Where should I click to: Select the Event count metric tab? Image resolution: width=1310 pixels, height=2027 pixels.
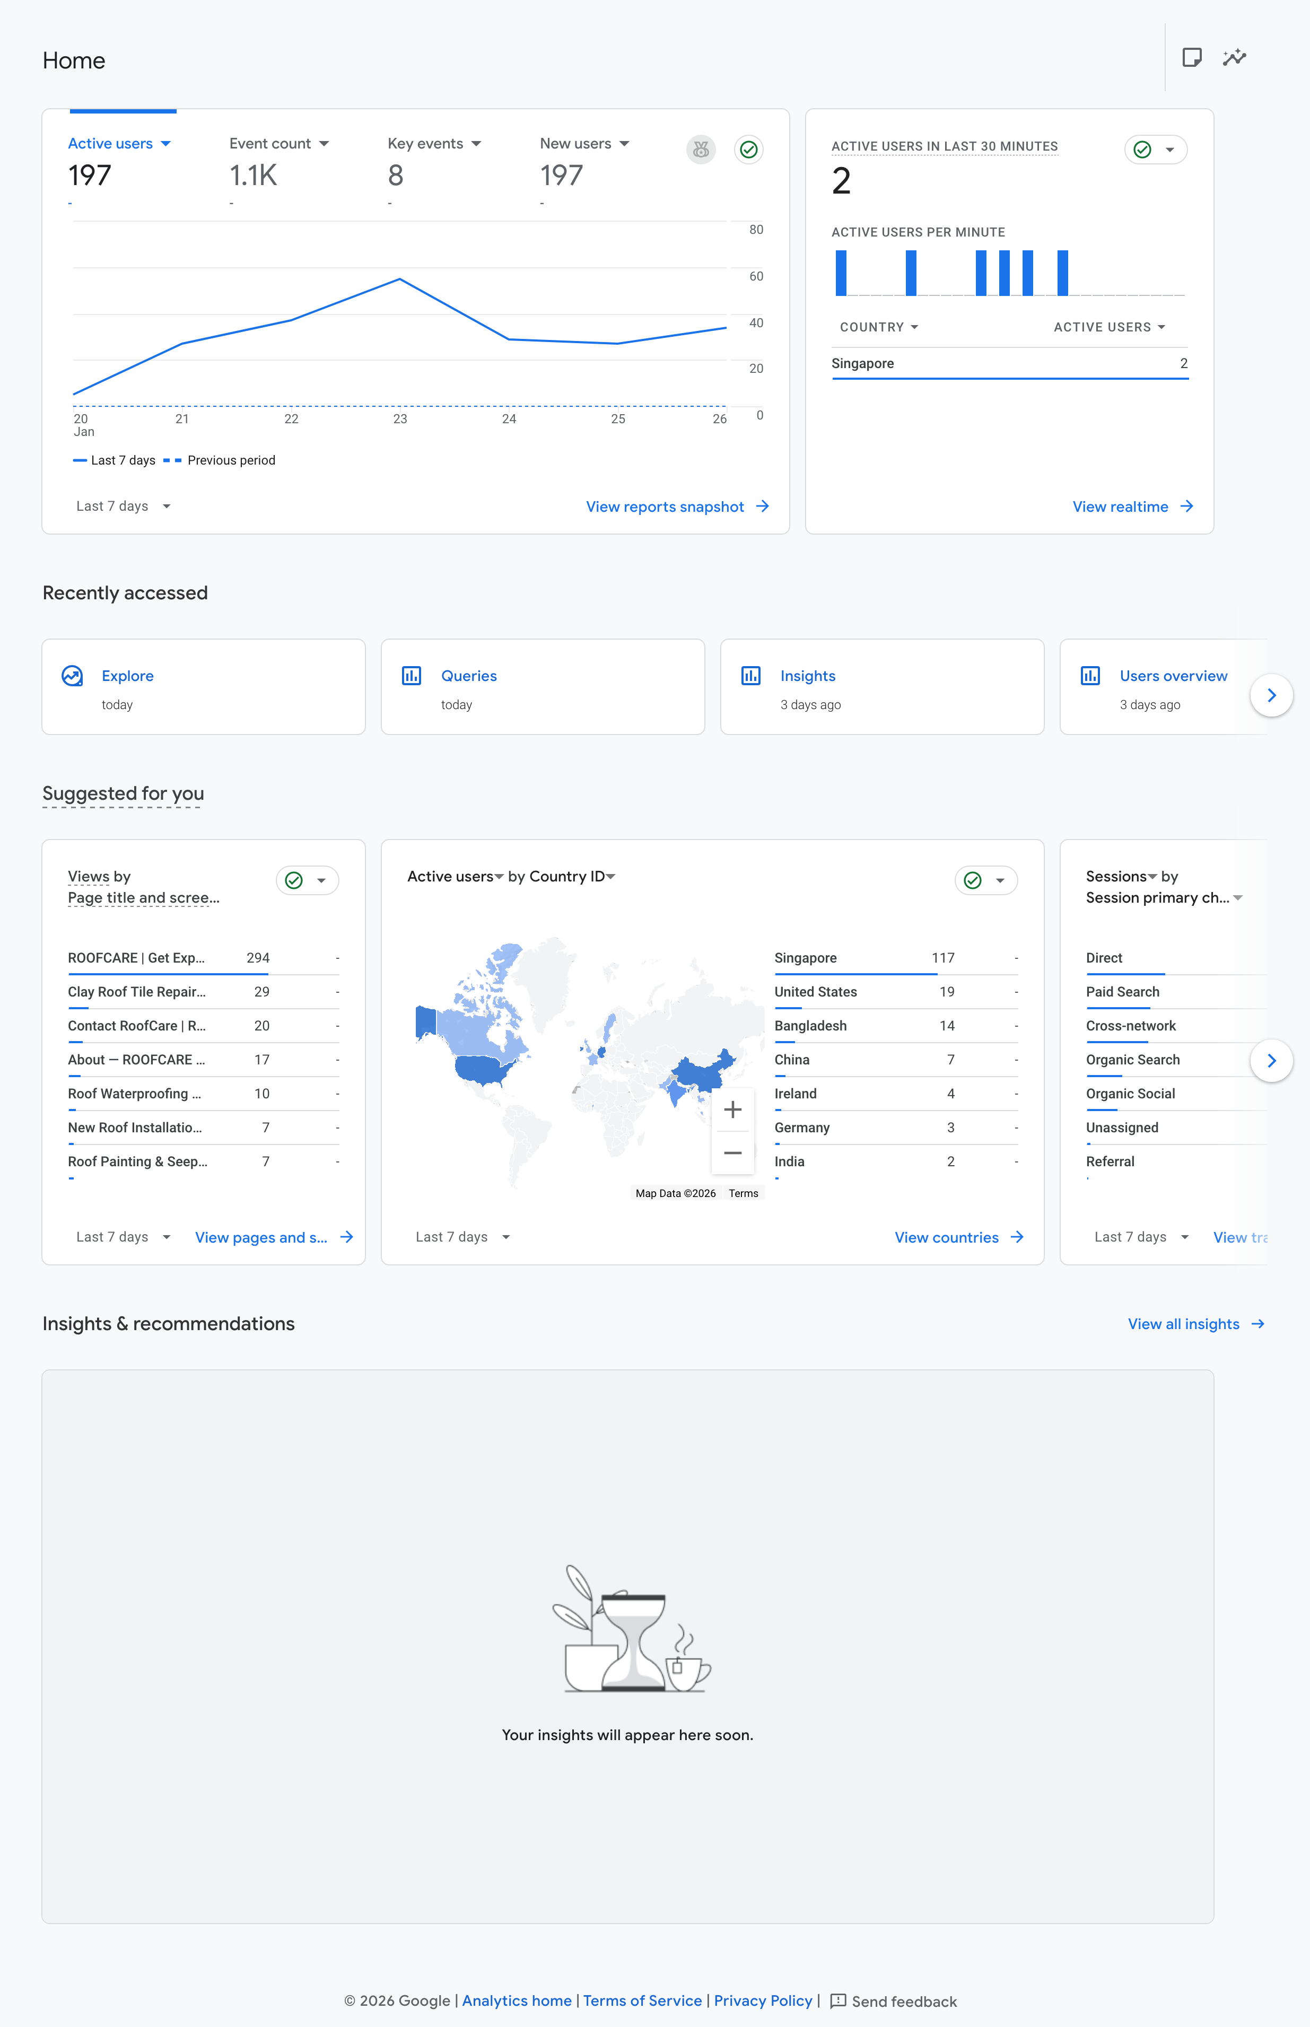(278, 144)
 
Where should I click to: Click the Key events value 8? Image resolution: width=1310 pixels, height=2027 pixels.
(396, 175)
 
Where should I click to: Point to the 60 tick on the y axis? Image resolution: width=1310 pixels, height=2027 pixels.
(756, 276)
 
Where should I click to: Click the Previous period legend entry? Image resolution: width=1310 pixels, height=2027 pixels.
(220, 460)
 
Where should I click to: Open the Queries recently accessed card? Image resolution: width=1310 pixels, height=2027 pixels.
(543, 686)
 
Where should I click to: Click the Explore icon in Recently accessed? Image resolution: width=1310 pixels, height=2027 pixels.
(72, 675)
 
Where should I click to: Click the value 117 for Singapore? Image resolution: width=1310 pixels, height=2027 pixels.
(942, 958)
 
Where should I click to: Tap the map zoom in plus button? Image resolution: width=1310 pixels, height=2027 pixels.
(732, 1109)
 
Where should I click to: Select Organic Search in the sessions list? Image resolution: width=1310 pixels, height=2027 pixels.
(1132, 1060)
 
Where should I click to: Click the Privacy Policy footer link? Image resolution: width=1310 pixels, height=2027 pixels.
(763, 2000)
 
